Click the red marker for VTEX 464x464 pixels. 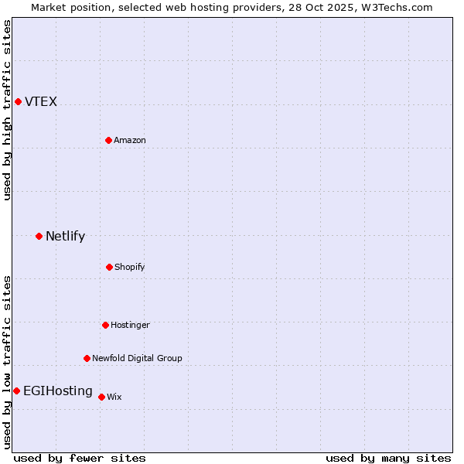click(18, 101)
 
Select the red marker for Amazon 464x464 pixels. click(108, 140)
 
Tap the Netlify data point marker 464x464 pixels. click(39, 236)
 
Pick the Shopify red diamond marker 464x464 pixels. click(109, 267)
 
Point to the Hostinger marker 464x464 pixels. click(105, 325)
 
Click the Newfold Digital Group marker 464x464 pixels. click(87, 358)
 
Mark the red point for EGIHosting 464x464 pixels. click(16, 391)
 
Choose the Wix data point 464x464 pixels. click(101, 397)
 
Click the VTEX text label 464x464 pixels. click(41, 102)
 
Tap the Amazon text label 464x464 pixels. click(130, 140)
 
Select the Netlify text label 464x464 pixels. click(65, 237)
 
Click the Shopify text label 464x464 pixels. click(130, 267)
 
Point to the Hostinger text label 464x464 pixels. click(130, 325)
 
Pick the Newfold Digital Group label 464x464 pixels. click(137, 358)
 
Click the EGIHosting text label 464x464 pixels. click(58, 391)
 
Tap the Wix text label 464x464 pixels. click(114, 397)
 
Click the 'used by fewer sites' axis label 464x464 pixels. click(80, 458)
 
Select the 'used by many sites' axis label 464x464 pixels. click(388, 458)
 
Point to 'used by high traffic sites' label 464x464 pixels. click(7, 110)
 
